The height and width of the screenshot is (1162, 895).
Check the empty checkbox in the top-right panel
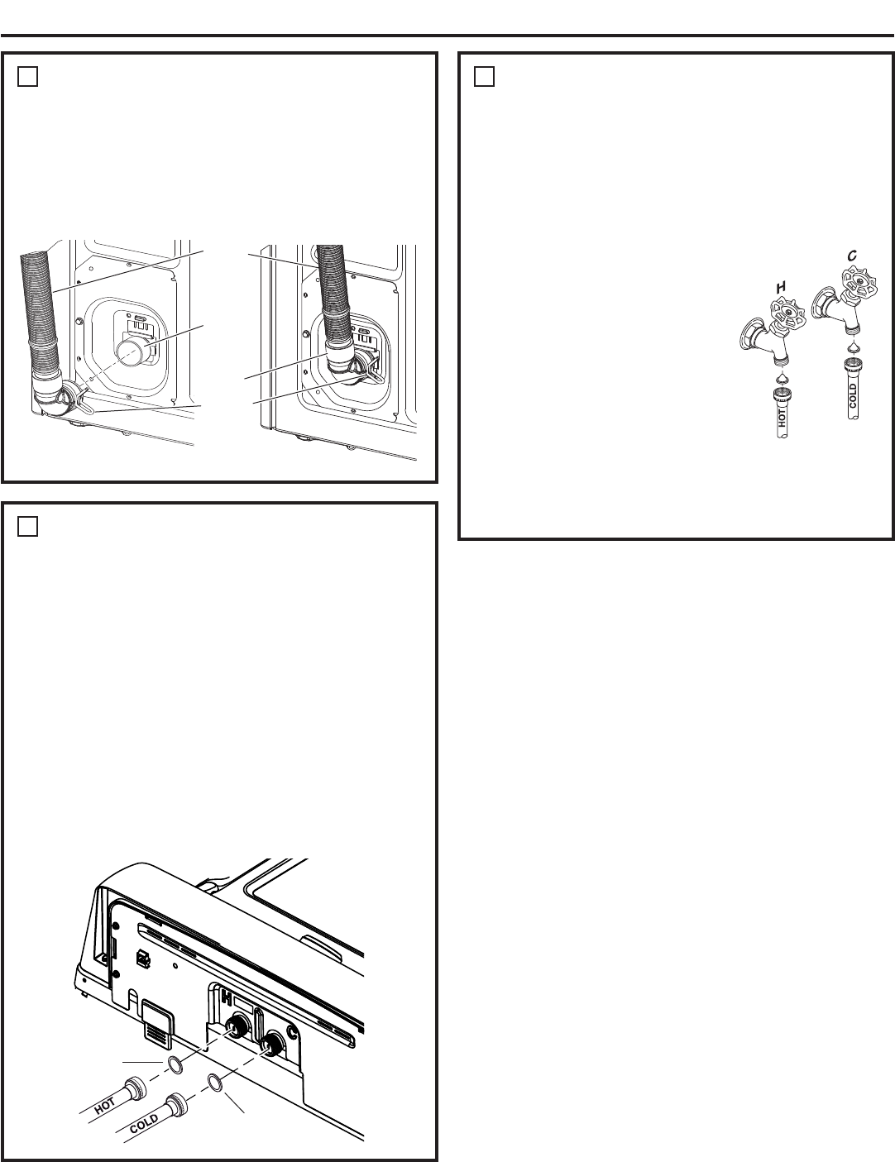(x=484, y=77)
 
